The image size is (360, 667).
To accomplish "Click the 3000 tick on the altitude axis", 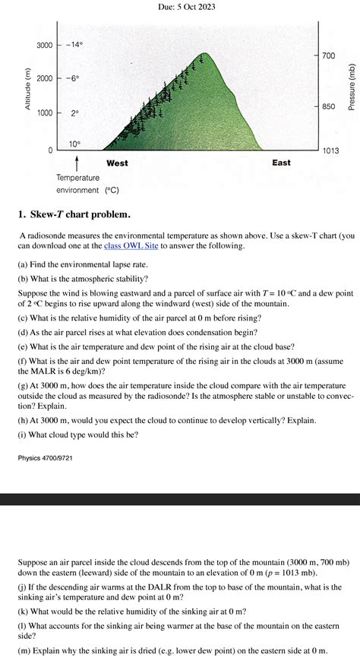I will tap(43, 45).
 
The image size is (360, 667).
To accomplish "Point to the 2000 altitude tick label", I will tap(43, 79).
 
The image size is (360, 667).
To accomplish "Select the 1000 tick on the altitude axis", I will tap(43, 113).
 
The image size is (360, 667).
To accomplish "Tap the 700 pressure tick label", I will tap(327, 56).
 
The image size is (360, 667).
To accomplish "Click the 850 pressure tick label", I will tap(327, 106).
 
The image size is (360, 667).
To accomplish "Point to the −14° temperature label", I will tap(74, 45).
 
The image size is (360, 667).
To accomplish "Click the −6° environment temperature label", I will tap(71, 79).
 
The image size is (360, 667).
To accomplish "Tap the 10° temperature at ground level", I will tap(74, 144).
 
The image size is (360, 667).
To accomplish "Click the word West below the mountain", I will tap(117, 163).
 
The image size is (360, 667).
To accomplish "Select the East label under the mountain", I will tap(281, 163).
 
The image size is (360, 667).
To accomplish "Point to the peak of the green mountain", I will tap(202, 55).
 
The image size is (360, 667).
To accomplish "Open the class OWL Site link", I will tap(131, 246).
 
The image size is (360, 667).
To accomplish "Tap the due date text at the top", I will tap(180, 6).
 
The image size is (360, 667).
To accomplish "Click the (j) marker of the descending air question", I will tap(24, 587).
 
